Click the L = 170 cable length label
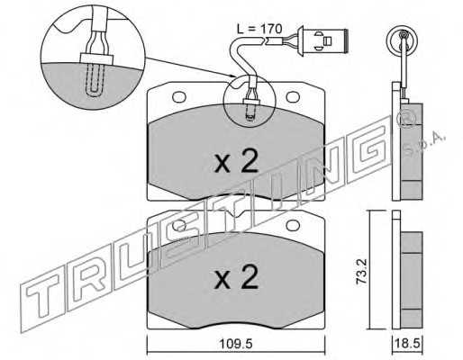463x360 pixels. [x=259, y=29]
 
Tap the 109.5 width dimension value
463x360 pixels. [x=236, y=344]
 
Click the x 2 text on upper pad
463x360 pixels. [x=236, y=161]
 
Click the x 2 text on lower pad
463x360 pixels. [x=236, y=276]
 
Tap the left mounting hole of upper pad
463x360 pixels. [x=179, y=97]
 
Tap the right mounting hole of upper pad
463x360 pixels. [x=293, y=97]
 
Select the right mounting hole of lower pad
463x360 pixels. [x=293, y=225]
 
